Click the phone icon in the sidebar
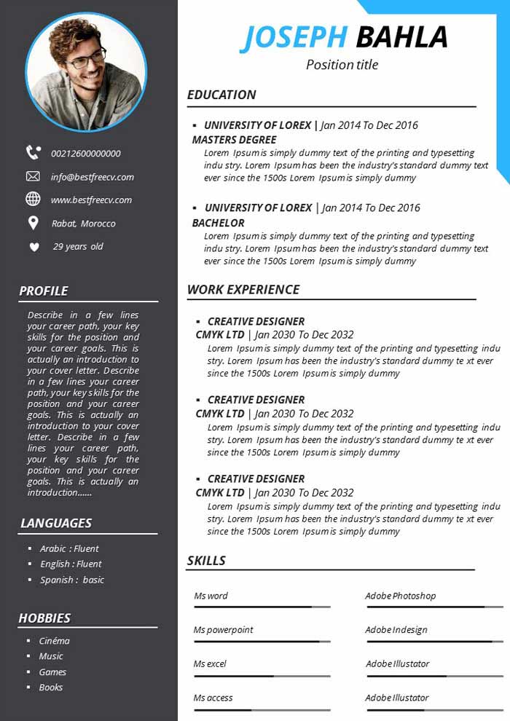(x=34, y=152)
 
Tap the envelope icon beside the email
(x=33, y=176)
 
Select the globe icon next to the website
(x=33, y=199)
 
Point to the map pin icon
(x=33, y=223)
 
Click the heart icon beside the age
(x=34, y=247)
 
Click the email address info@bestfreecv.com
(x=93, y=177)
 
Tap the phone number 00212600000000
(x=86, y=154)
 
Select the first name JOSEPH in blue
(x=294, y=38)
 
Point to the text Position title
(x=342, y=65)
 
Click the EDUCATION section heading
(x=221, y=95)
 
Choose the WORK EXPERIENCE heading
(x=243, y=290)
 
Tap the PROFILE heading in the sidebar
(x=44, y=291)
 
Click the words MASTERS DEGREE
(x=234, y=140)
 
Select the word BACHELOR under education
(x=218, y=223)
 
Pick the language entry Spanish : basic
(x=72, y=580)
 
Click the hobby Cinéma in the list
(x=55, y=641)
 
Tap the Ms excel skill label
(x=210, y=664)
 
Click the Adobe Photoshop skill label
(x=401, y=596)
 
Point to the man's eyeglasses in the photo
(x=87, y=58)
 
